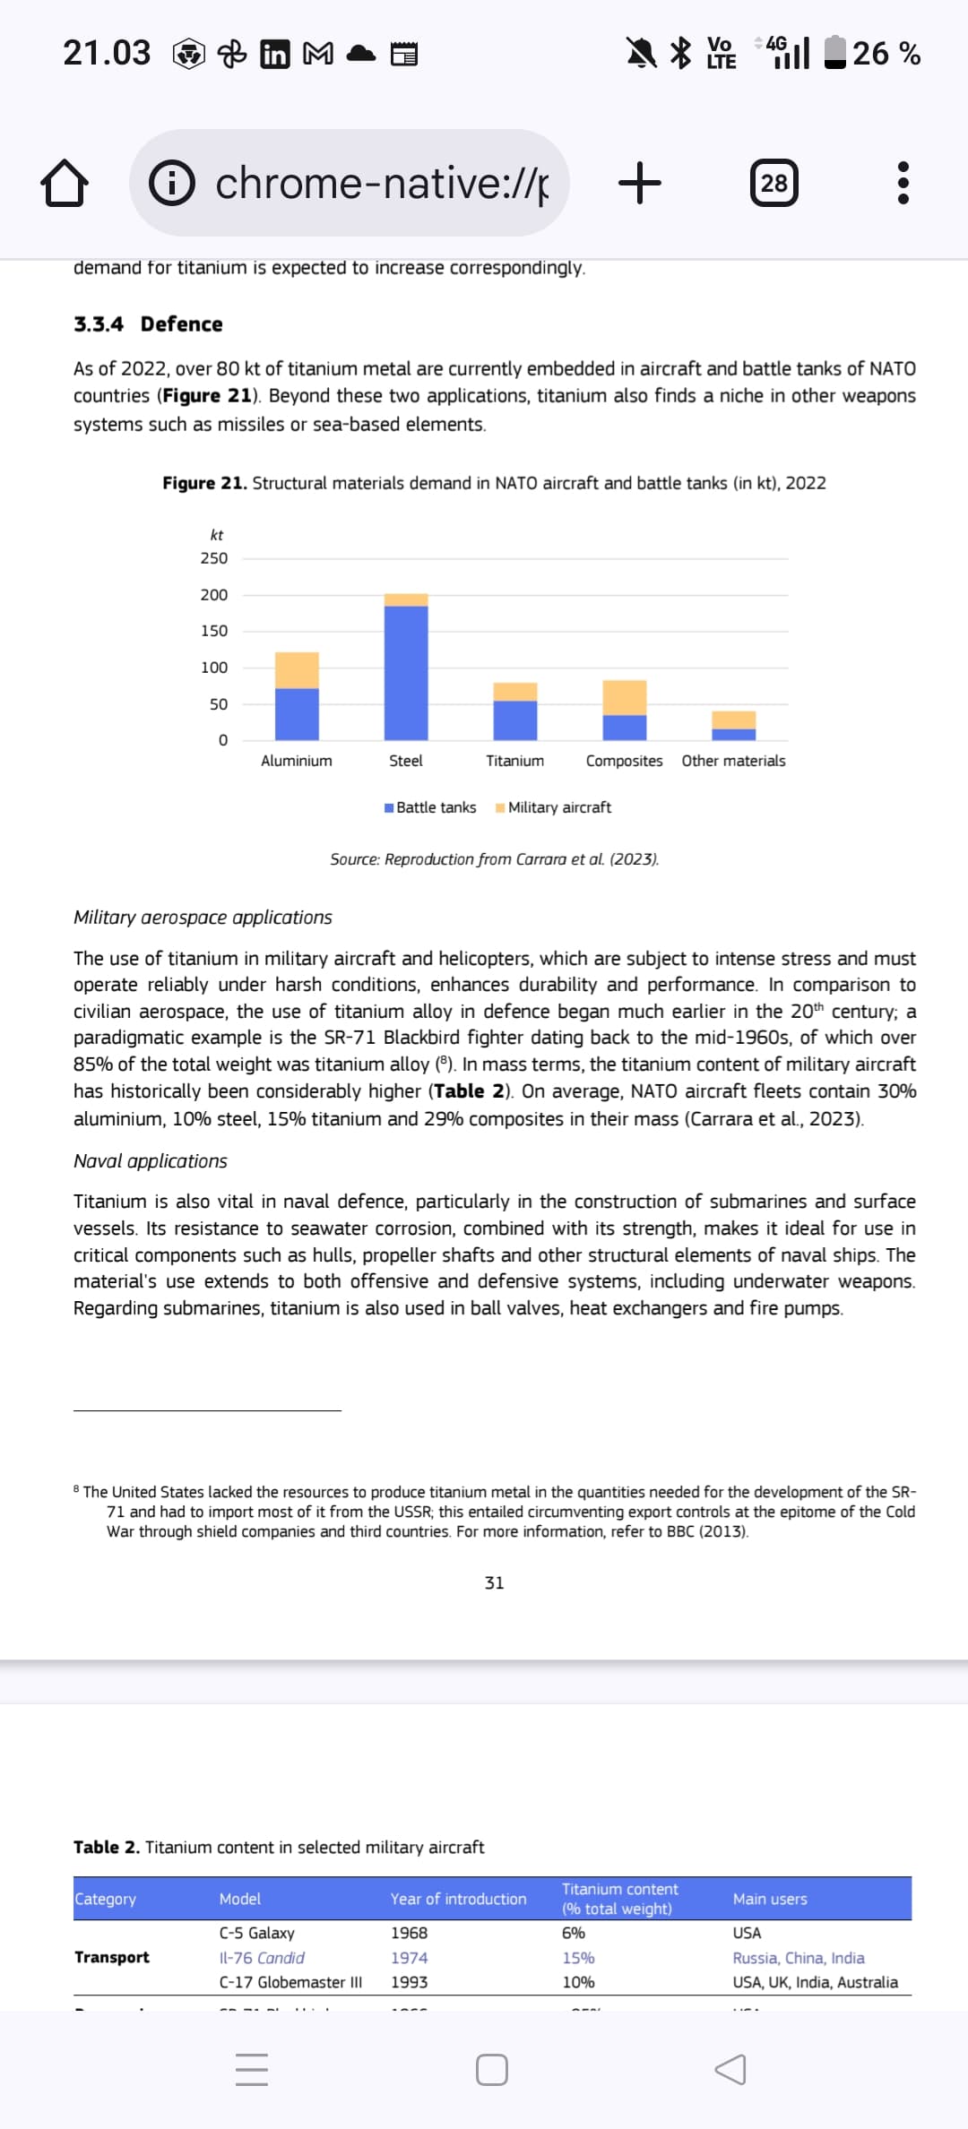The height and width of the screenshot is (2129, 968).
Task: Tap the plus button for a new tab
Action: point(640,183)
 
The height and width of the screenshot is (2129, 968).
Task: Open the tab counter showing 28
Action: point(774,183)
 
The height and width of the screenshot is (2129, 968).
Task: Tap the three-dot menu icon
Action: point(903,183)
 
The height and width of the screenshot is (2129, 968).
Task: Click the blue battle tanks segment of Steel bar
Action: point(406,672)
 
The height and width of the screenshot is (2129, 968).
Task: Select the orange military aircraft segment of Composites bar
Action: point(625,697)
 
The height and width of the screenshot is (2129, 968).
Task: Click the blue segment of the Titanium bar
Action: point(515,720)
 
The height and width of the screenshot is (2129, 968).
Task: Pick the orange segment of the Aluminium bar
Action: point(297,670)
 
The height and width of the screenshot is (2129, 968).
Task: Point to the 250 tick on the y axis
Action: point(214,558)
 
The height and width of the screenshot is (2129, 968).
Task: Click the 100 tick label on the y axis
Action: point(214,668)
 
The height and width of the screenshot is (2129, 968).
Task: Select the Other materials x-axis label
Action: point(733,761)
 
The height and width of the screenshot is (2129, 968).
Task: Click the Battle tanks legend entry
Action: point(430,807)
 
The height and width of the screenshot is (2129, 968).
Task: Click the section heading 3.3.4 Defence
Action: point(148,324)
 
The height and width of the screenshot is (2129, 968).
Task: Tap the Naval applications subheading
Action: point(151,1161)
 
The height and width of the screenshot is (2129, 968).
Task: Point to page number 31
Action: point(494,1583)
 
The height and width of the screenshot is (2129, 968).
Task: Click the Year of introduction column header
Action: point(458,1899)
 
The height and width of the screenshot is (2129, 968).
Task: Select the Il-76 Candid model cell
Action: point(262,1958)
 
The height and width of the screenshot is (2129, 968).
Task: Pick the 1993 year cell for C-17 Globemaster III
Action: point(409,1982)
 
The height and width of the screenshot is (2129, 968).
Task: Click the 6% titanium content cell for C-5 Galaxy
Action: point(574,1933)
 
